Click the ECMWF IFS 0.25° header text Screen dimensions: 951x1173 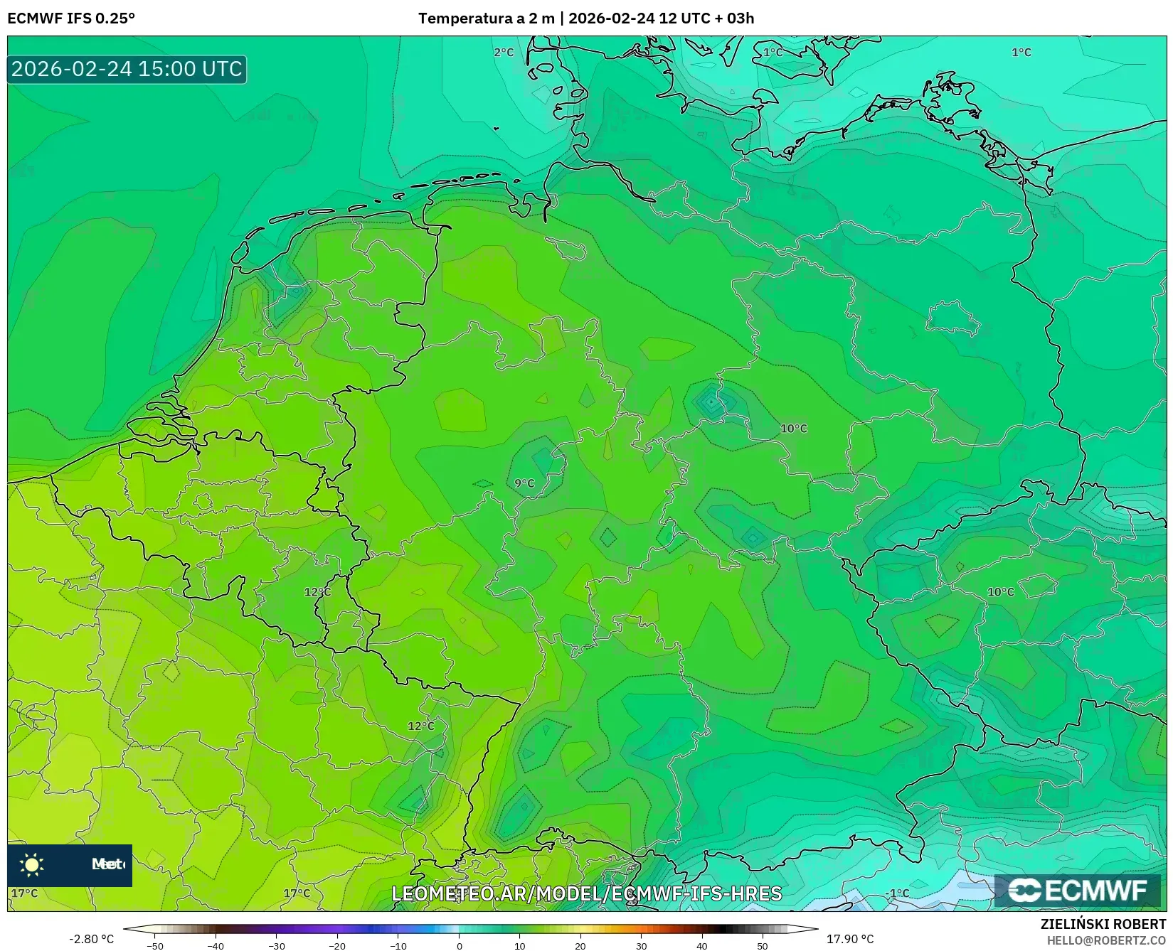(x=71, y=18)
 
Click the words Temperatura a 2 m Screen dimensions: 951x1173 (x=486, y=18)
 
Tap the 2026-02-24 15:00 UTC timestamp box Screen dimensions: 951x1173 (x=127, y=69)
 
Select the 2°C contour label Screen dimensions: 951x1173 (x=504, y=53)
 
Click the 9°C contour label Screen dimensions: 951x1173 (x=524, y=483)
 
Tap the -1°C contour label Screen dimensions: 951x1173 (x=897, y=893)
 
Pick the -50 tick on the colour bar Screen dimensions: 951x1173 (x=155, y=945)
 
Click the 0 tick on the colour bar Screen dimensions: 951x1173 (x=460, y=945)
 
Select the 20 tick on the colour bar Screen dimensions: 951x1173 (x=580, y=945)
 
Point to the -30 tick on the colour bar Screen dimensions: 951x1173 (x=277, y=945)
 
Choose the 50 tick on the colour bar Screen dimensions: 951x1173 (x=763, y=945)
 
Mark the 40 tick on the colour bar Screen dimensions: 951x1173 (x=702, y=945)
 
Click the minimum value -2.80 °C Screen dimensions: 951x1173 (x=91, y=939)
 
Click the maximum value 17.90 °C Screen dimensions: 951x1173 (x=850, y=939)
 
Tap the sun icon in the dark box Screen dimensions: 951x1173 (x=32, y=864)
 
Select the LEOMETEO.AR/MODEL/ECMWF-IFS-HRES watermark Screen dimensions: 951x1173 (x=587, y=893)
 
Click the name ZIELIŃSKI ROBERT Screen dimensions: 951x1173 (x=1103, y=925)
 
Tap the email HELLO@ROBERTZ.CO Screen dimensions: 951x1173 (x=1106, y=940)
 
